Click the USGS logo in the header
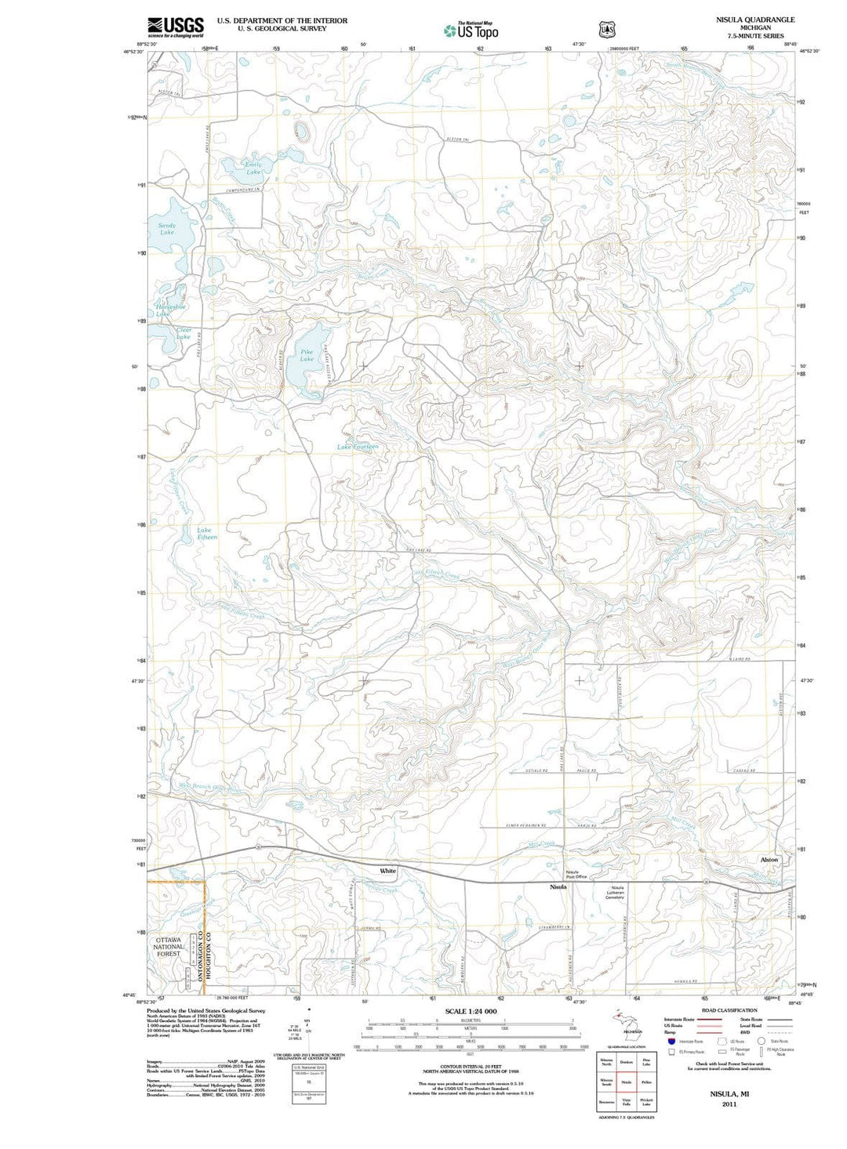pos(176,27)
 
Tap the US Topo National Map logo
pos(471,31)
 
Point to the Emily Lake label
pos(253,168)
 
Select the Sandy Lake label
pos(167,229)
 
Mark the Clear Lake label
pos(183,334)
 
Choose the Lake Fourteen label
pos(358,447)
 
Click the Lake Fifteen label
pos(206,534)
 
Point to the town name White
pos(388,871)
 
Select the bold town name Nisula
pos(558,886)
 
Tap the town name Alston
pos(769,860)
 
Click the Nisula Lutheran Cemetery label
pos(615,892)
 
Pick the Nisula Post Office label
pos(576,874)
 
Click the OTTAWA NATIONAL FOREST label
pos(168,947)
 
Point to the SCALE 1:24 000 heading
pos(471,1011)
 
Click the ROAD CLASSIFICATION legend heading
pos(729,1010)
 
